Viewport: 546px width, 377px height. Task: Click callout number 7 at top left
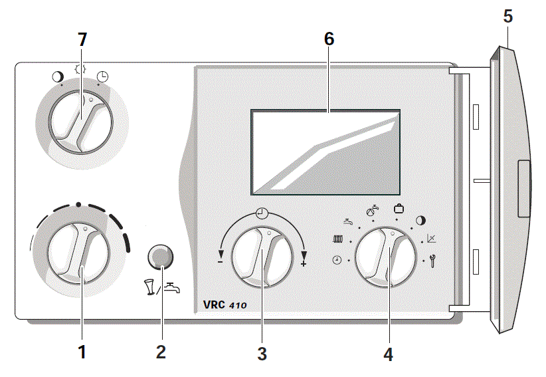82,40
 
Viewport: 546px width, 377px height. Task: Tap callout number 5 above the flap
508,16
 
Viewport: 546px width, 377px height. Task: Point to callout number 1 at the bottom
82,352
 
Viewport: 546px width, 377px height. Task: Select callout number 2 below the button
161,352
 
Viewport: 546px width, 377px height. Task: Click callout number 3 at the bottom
262,354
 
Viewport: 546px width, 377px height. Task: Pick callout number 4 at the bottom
388,354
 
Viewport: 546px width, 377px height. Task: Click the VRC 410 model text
221,305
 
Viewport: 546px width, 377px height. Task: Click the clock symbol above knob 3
262,213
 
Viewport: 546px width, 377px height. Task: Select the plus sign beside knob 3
304,264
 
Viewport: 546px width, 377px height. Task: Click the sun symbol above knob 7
82,70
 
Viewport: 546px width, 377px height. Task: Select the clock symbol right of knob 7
103,76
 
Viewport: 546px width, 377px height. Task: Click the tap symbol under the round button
171,287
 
